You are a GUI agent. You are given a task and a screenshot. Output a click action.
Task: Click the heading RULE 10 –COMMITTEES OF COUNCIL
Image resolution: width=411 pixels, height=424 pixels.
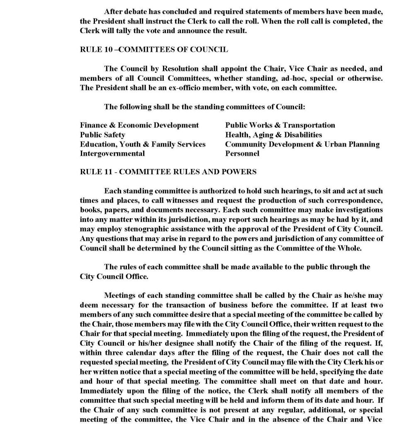point(153,50)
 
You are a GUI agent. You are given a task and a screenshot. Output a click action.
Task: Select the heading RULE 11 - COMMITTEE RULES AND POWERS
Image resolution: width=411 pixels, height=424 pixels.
point(168,171)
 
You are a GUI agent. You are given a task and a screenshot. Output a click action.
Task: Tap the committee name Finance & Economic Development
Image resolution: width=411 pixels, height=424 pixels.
point(139,125)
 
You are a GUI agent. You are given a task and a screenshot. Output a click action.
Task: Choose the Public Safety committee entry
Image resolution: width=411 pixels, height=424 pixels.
point(102,135)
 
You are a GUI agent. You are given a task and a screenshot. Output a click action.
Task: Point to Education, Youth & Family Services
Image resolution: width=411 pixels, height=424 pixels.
point(143,144)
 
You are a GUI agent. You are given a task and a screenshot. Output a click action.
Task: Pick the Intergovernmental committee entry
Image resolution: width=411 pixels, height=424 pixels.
point(112,154)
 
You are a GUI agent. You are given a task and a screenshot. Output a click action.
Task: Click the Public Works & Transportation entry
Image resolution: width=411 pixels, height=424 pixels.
point(280,125)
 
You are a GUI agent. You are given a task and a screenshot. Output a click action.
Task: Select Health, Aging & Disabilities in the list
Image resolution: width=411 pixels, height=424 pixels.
point(273,135)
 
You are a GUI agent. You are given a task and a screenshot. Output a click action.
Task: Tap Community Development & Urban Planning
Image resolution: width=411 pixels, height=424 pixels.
point(302,144)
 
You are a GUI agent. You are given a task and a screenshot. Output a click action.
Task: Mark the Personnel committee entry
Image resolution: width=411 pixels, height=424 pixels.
point(242,154)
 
